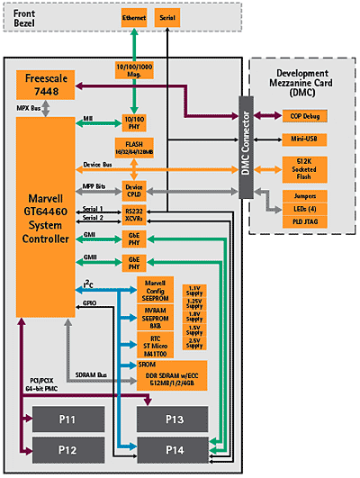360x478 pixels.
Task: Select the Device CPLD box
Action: [133, 190]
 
